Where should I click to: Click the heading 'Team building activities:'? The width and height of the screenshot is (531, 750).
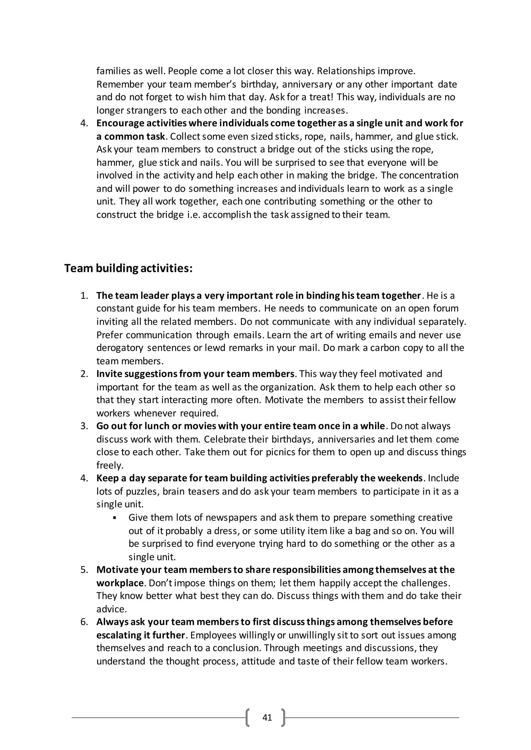128,269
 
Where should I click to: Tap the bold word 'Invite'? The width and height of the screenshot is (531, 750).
109,374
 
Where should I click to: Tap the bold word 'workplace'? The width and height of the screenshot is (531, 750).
120,583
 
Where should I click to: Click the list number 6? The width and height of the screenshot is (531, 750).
84,622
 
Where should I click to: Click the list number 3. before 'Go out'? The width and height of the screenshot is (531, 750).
84,426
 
